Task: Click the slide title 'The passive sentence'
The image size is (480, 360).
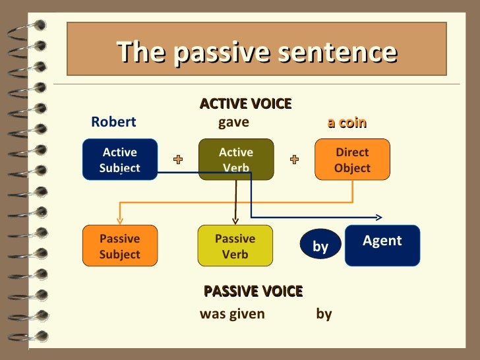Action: pyautogui.click(x=256, y=52)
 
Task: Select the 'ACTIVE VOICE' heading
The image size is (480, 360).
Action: pyautogui.click(x=245, y=104)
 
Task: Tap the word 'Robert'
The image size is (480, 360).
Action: pyautogui.click(x=113, y=122)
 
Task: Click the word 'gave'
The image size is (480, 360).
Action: pyautogui.click(x=233, y=122)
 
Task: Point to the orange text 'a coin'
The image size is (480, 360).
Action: pyautogui.click(x=347, y=123)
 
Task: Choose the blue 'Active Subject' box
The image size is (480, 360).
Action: pyautogui.click(x=120, y=160)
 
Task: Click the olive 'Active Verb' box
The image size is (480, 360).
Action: pyautogui.click(x=236, y=160)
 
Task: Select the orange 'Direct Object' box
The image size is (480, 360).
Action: pyautogui.click(x=352, y=160)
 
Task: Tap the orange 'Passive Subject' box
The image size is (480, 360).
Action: pyautogui.click(x=120, y=246)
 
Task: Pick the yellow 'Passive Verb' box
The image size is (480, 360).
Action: pyautogui.click(x=235, y=246)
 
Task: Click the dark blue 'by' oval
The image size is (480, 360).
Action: pyautogui.click(x=320, y=246)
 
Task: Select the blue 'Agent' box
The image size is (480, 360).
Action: pyautogui.click(x=382, y=245)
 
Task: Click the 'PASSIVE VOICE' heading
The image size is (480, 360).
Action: pyautogui.click(x=253, y=291)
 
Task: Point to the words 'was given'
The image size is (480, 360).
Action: pyautogui.click(x=232, y=314)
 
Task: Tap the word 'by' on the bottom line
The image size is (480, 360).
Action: pyautogui.click(x=324, y=314)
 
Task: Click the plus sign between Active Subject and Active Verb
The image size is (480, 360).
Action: pyautogui.click(x=178, y=160)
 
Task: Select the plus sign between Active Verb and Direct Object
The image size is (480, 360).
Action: pyautogui.click(x=294, y=160)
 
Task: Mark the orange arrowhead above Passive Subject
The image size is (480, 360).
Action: pyautogui.click(x=119, y=221)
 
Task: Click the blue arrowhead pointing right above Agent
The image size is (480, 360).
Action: pyautogui.click(x=379, y=217)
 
